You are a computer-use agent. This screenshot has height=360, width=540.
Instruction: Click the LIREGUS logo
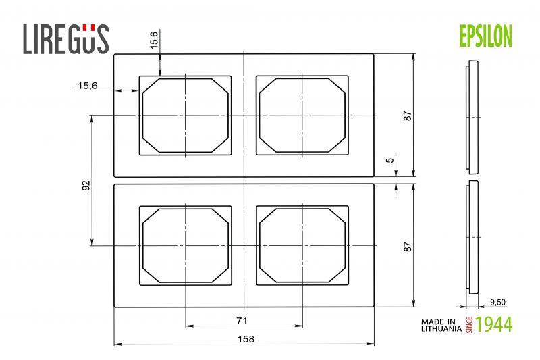pyautogui.click(x=65, y=39)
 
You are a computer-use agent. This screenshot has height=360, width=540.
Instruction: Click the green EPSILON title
pyautogui.click(x=486, y=36)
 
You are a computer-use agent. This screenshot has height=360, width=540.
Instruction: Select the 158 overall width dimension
pyautogui.click(x=246, y=339)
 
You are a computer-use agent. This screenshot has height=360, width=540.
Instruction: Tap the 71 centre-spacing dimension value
pyautogui.click(x=242, y=321)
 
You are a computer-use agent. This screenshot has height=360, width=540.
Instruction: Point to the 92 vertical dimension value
pyautogui.click(x=86, y=185)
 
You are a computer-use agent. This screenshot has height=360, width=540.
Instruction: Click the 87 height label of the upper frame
pyautogui.click(x=408, y=115)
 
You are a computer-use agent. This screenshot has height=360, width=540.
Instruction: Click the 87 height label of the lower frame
pyautogui.click(x=408, y=247)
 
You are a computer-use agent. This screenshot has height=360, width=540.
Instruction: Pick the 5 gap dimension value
pyautogui.click(x=389, y=160)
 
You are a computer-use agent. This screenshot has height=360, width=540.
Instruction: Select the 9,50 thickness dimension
pyautogui.click(x=497, y=302)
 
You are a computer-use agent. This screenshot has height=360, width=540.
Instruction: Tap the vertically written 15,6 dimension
pyautogui.click(x=154, y=40)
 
